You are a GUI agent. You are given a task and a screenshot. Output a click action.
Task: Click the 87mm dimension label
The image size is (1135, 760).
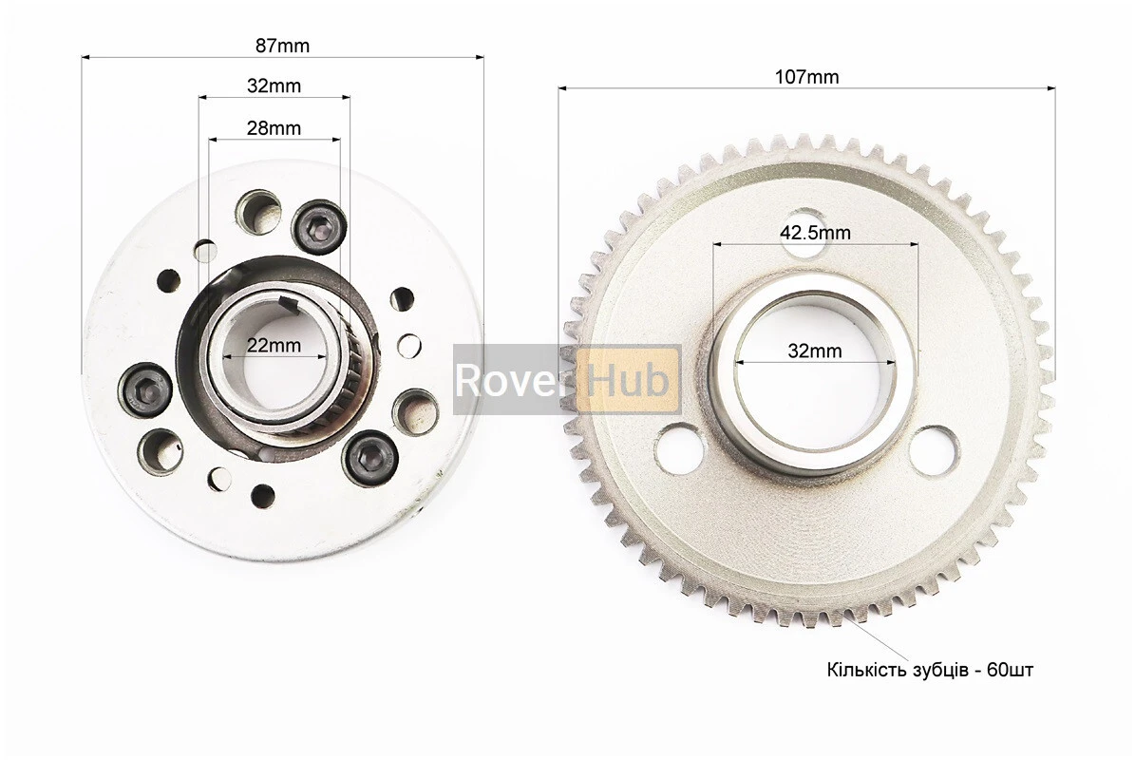(282, 46)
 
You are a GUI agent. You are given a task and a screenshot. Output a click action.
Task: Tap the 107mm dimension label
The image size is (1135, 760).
(807, 77)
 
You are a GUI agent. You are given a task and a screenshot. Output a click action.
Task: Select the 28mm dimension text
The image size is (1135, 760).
(274, 128)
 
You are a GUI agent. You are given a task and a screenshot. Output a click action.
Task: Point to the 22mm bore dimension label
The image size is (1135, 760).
(274, 345)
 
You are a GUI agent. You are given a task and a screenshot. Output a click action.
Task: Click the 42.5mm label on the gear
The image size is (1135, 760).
(815, 233)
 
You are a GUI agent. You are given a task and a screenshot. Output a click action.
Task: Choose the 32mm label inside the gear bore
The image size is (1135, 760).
(815, 351)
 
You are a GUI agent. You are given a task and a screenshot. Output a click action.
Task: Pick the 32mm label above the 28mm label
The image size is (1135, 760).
(274, 85)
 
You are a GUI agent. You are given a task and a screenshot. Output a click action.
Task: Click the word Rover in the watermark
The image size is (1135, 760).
(510, 380)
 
